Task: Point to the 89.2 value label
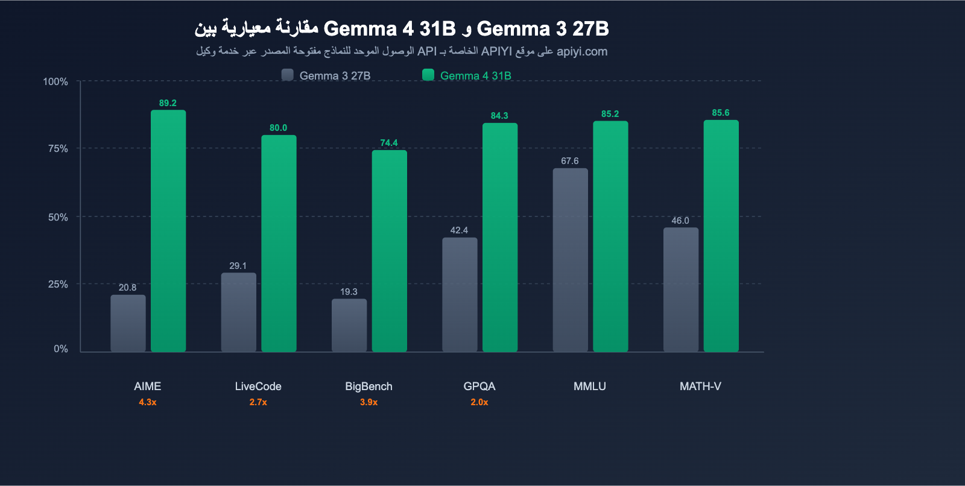click(168, 103)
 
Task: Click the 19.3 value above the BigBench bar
click(349, 292)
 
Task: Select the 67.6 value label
click(569, 161)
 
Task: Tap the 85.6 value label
click(721, 113)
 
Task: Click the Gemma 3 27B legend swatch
click(288, 75)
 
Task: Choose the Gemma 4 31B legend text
click(475, 76)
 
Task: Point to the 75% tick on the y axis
click(58, 148)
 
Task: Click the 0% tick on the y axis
click(60, 349)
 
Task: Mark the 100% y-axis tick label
click(55, 81)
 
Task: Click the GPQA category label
click(479, 387)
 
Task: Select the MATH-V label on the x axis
click(700, 387)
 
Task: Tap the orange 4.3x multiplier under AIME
click(148, 402)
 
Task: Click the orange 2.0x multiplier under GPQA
click(479, 402)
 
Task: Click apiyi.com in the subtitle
click(582, 51)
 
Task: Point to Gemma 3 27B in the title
click(543, 28)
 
